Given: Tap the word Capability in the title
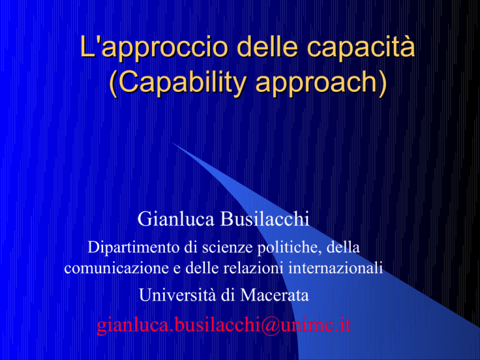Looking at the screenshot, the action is (182, 83).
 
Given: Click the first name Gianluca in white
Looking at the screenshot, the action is (176, 219).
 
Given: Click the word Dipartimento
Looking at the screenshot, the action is (134, 247).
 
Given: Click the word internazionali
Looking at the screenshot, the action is (336, 268).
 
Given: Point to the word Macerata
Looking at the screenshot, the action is (274, 295).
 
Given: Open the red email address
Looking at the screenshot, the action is (224, 325).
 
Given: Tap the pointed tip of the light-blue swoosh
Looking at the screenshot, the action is (172, 142).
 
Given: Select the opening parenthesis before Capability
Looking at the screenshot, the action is (113, 84).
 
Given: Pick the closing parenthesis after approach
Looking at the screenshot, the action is (383, 84).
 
